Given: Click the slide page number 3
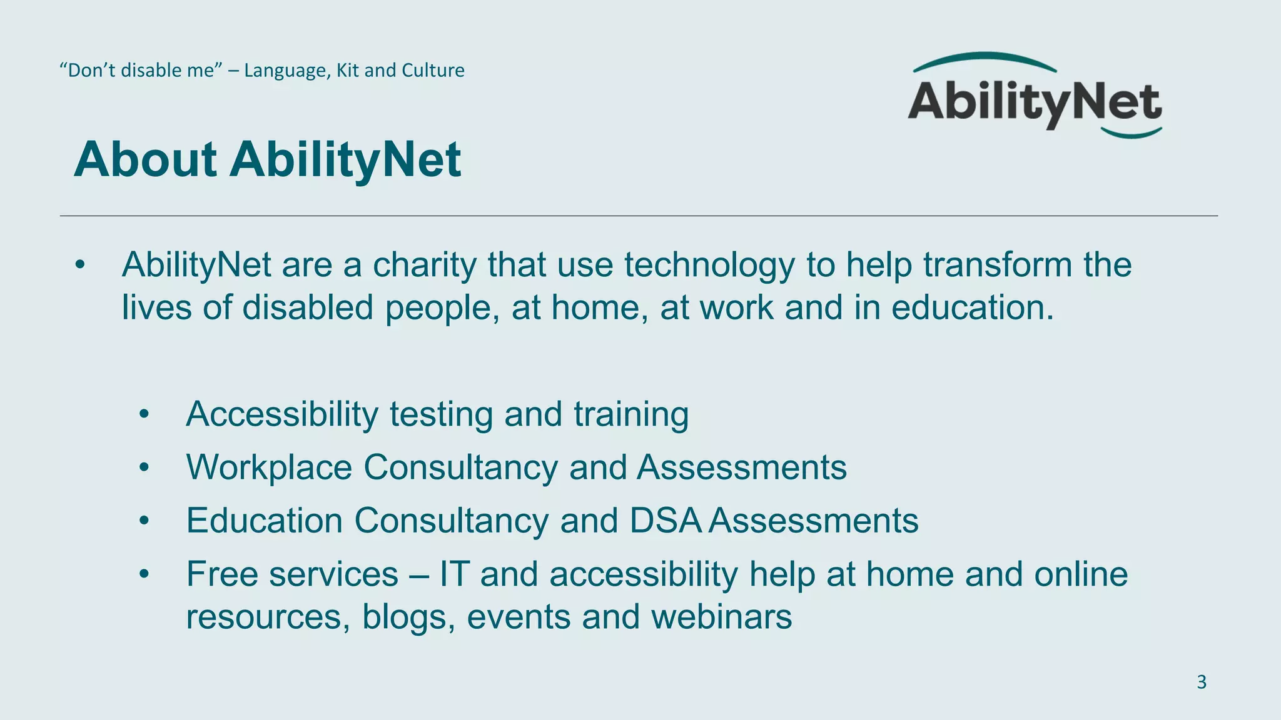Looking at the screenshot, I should (x=1201, y=682).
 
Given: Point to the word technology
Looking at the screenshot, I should (x=709, y=265).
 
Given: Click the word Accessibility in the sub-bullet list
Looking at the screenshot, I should (x=282, y=414).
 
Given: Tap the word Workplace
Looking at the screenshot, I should (x=269, y=467).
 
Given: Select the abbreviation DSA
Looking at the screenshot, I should (x=666, y=521).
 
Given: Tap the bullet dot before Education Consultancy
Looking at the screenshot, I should (x=144, y=521).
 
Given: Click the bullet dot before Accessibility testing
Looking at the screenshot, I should (x=144, y=414).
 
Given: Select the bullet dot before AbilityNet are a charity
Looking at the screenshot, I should (x=79, y=265).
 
